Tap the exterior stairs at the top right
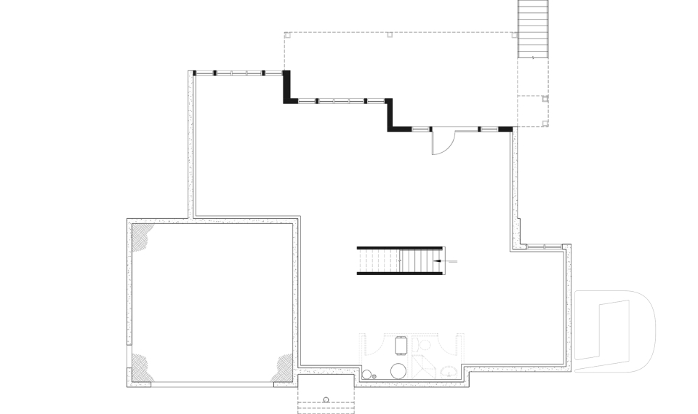(x=532, y=29)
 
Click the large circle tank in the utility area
(x=399, y=370)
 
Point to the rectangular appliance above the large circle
(x=400, y=343)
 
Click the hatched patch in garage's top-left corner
(x=143, y=238)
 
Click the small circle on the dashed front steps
(x=326, y=398)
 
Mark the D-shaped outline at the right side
(x=614, y=331)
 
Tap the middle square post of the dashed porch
(x=390, y=33)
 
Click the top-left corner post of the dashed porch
(x=286, y=34)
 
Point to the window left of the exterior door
(x=421, y=129)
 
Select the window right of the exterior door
(x=489, y=129)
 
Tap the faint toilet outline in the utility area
(x=422, y=343)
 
